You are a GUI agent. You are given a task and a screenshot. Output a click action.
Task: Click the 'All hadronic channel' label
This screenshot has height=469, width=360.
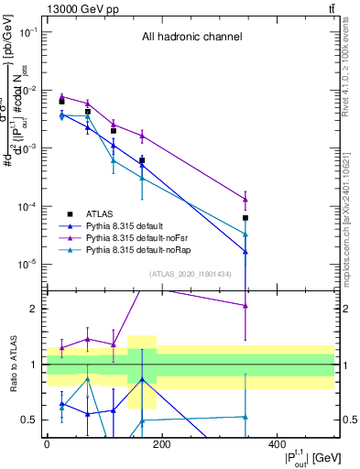click(191, 38)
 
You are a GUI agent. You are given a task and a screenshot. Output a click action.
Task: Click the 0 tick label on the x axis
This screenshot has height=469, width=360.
click(47, 443)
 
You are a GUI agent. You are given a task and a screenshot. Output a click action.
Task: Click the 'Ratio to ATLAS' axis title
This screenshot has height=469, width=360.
click(12, 365)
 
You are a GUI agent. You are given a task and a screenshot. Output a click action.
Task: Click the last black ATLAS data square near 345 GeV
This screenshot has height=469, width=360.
click(245, 218)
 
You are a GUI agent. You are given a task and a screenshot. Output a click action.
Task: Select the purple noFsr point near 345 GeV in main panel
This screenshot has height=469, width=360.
click(245, 199)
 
